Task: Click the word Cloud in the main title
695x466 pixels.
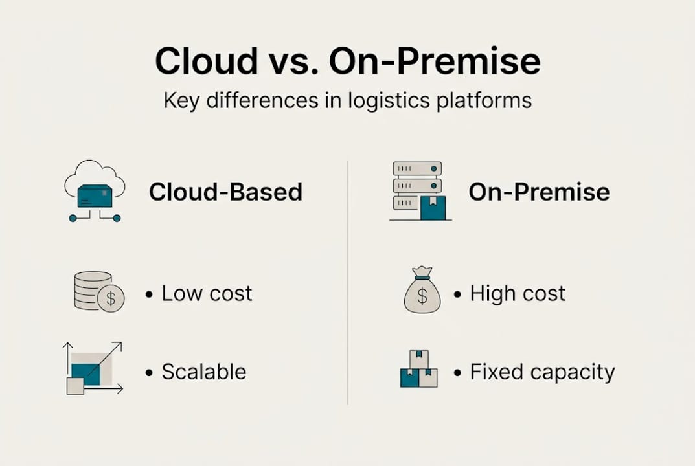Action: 206,61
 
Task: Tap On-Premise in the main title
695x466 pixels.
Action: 434,61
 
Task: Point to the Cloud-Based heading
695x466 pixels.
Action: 225,192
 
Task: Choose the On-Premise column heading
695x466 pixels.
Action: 539,192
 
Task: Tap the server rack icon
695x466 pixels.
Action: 418,191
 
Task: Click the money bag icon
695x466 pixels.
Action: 422,293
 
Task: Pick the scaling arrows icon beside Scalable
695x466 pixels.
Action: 93,368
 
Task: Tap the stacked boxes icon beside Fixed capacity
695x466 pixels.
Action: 418,370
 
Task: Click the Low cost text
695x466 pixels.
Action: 207,293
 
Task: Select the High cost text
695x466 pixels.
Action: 518,293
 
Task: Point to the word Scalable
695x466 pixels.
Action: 203,372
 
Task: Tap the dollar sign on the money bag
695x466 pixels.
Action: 422,296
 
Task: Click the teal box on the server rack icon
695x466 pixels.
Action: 433,208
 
